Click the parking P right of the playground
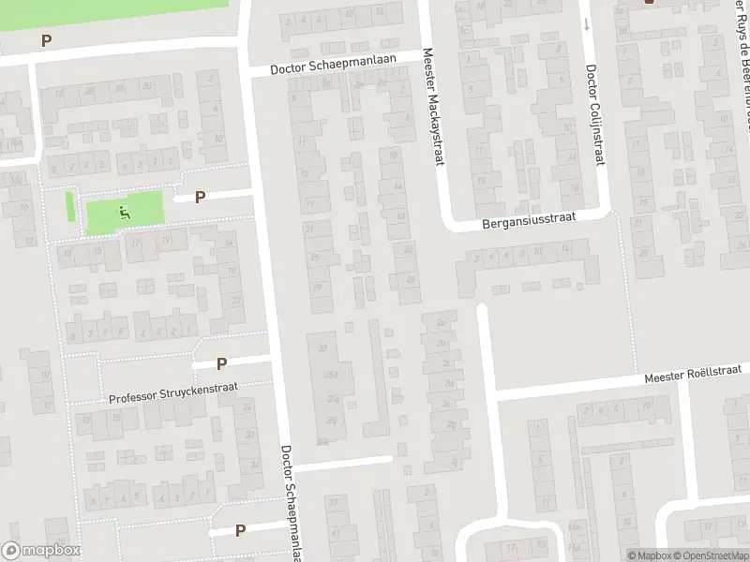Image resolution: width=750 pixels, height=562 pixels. pyautogui.click(x=200, y=197)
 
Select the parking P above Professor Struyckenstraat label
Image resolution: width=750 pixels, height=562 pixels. pyautogui.click(x=222, y=363)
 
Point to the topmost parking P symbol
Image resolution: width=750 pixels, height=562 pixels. pyautogui.click(x=45, y=40)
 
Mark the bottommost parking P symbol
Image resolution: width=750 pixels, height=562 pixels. pyautogui.click(x=241, y=530)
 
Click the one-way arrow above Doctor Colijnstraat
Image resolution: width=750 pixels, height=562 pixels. pyautogui.click(x=587, y=23)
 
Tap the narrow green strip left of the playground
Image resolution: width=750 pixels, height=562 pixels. pyautogui.click(x=70, y=206)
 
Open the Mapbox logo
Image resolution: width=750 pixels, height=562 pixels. pyautogui.click(x=40, y=551)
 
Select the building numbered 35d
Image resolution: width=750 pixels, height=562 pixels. pyautogui.click(x=330, y=376)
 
